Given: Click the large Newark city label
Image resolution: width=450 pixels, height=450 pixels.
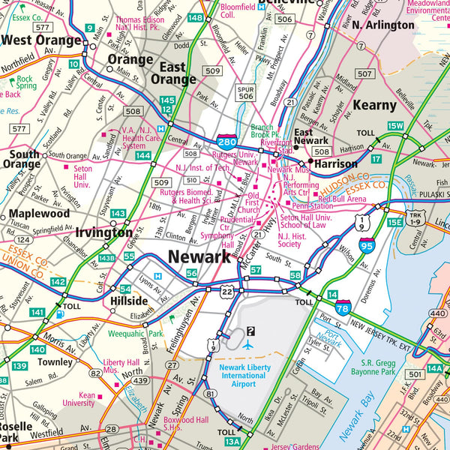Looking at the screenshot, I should [x=199, y=256].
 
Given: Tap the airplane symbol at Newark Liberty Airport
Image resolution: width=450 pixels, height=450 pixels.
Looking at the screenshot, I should [x=249, y=345].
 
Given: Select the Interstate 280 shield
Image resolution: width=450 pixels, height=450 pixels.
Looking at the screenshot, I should [x=228, y=141].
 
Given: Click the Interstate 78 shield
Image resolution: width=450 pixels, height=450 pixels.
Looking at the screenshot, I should [x=343, y=306].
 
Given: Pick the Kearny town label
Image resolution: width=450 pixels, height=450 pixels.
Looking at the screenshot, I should [x=373, y=106].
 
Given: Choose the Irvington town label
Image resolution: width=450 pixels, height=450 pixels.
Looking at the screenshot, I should [x=103, y=232].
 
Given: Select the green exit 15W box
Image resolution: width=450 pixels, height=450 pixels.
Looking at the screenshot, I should [x=395, y=125].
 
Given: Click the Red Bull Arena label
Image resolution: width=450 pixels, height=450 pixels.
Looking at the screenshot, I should [x=341, y=199].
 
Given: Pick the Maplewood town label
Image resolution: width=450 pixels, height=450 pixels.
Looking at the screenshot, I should [x=39, y=214].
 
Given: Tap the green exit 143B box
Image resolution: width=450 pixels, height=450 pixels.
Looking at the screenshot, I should [x=107, y=258].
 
